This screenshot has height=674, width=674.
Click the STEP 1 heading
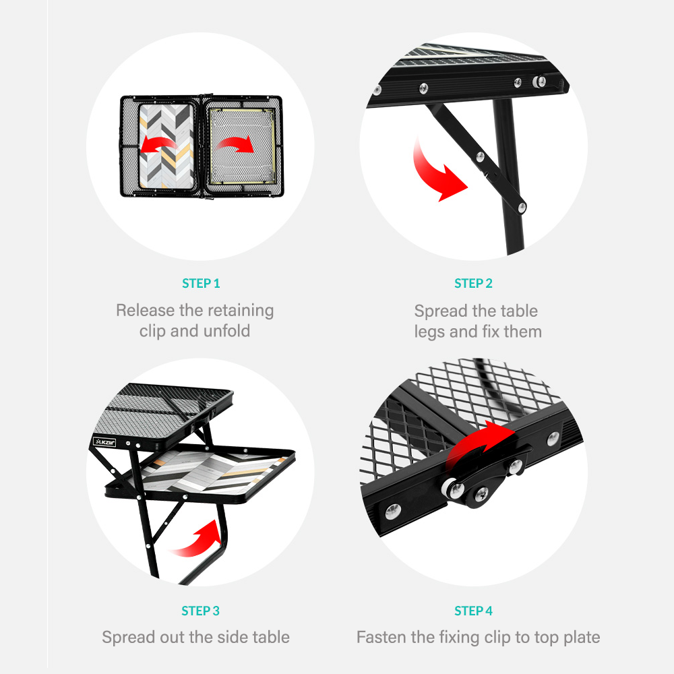201,283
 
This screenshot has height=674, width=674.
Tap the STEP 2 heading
473,283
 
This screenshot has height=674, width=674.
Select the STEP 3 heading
200,611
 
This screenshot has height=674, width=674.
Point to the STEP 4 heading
473,611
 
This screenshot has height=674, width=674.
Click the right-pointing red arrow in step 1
237,143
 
